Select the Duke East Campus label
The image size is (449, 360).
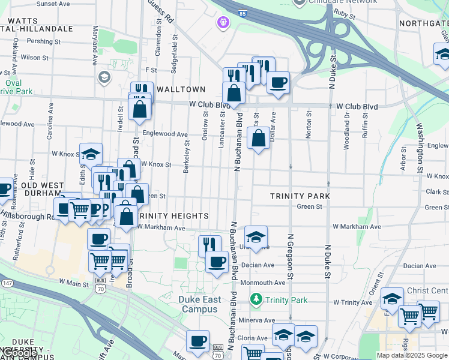point(203,305)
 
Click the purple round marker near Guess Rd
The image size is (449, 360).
point(223,23)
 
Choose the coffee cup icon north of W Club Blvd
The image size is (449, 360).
point(277,83)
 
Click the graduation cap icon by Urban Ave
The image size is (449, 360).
point(256,237)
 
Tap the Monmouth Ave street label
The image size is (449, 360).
point(263,282)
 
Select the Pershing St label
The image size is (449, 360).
point(40,41)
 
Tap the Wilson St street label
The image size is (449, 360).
point(34,58)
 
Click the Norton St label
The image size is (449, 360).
point(309,124)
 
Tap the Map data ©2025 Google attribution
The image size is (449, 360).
point(412,355)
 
